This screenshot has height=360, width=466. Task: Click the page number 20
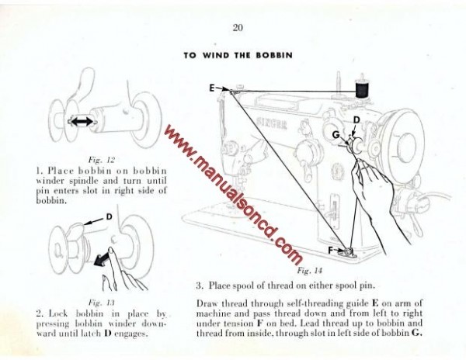[x=238, y=29]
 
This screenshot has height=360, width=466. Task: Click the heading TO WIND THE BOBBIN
[x=238, y=56]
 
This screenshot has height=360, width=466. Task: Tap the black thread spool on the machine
[x=362, y=88]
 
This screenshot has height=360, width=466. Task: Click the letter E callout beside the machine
[x=211, y=88]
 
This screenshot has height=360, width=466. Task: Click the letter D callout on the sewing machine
[x=356, y=119]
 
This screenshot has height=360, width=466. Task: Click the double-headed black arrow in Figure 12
[x=81, y=121]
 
